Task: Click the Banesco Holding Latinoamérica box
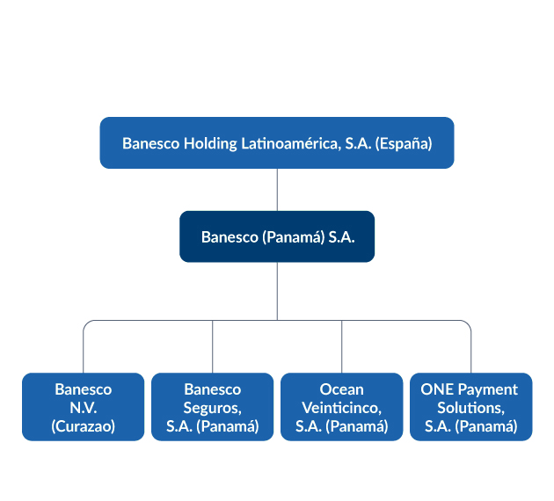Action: [277, 142]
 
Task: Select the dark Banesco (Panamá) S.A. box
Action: [277, 236]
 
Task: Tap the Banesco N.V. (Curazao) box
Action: [83, 407]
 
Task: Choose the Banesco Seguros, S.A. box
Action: [212, 407]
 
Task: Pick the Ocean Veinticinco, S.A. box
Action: [342, 407]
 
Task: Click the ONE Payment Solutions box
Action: [471, 407]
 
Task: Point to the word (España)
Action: [404, 143]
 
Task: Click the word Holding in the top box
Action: [210, 143]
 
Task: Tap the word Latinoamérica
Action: [291, 143]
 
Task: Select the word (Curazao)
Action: [83, 426]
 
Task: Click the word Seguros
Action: [212, 409]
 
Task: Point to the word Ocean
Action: [342, 389]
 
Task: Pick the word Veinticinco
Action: [342, 408]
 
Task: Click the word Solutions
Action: [471, 408]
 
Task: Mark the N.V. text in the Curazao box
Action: [83, 408]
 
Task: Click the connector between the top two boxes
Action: [277, 190]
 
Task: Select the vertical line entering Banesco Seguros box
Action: [212, 346]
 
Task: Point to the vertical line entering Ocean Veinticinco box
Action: [342, 346]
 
